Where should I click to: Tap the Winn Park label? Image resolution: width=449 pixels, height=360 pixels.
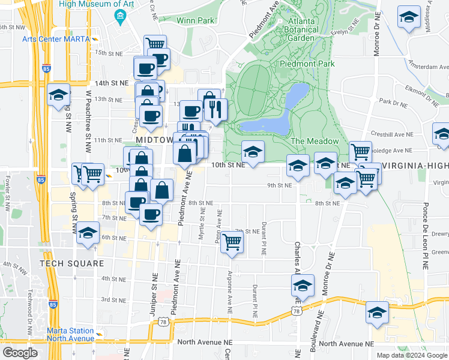(x=195, y=20)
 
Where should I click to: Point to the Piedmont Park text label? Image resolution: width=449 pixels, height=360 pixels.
(x=306, y=63)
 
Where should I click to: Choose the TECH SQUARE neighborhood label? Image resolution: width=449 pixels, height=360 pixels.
(x=68, y=263)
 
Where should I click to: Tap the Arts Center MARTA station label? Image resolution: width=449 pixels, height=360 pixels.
(x=56, y=39)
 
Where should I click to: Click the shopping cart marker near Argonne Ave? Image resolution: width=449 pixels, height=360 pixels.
(x=232, y=243)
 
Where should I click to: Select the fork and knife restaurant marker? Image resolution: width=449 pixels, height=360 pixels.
(x=215, y=109)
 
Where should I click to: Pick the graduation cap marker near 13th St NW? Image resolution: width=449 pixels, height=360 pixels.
(x=59, y=95)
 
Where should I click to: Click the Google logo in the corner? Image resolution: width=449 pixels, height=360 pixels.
(x=20, y=352)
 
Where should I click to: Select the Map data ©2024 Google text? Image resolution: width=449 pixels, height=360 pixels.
(x=412, y=355)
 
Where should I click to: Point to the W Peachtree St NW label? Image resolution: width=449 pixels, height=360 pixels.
(x=89, y=120)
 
